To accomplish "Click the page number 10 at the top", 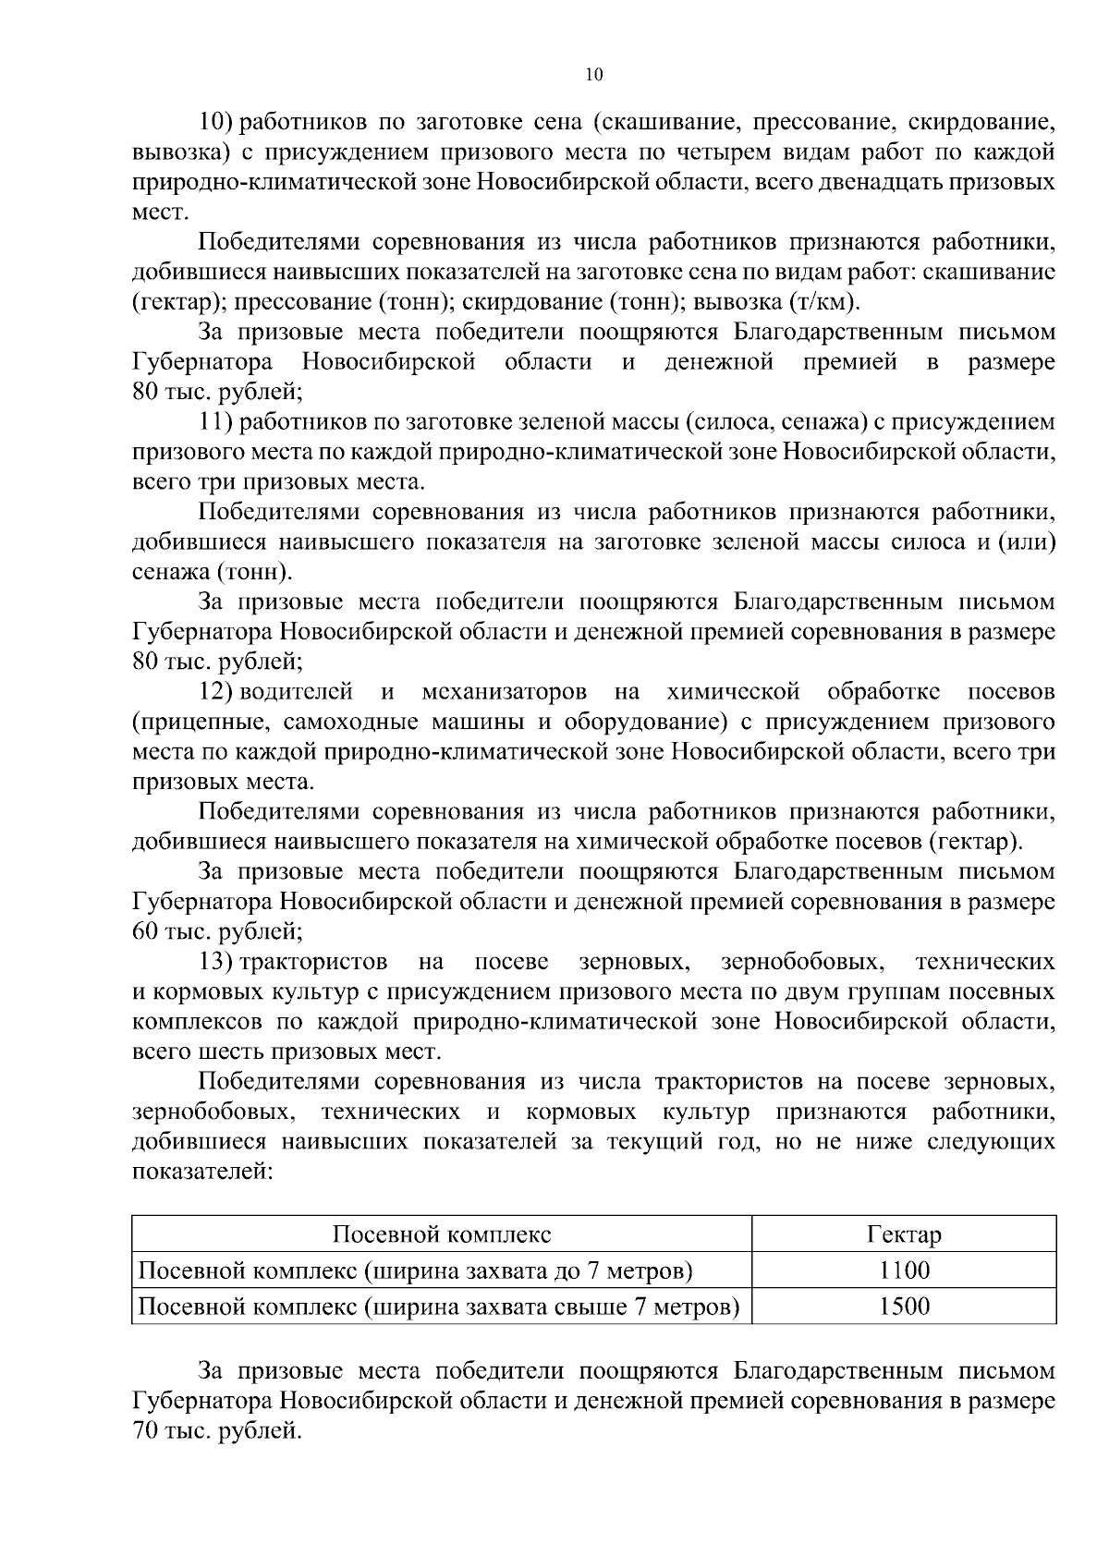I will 594,76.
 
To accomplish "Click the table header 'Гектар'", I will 903,1234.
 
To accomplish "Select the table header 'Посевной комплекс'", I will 441,1234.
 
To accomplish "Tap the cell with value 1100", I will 903,1270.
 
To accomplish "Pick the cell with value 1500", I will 903,1307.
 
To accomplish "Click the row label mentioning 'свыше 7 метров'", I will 438,1307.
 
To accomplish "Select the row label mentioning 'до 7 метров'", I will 415,1270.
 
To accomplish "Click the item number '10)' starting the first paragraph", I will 219,121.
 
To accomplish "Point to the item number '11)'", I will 219,422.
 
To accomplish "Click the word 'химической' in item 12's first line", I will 732,691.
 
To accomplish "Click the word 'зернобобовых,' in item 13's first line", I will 801,962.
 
